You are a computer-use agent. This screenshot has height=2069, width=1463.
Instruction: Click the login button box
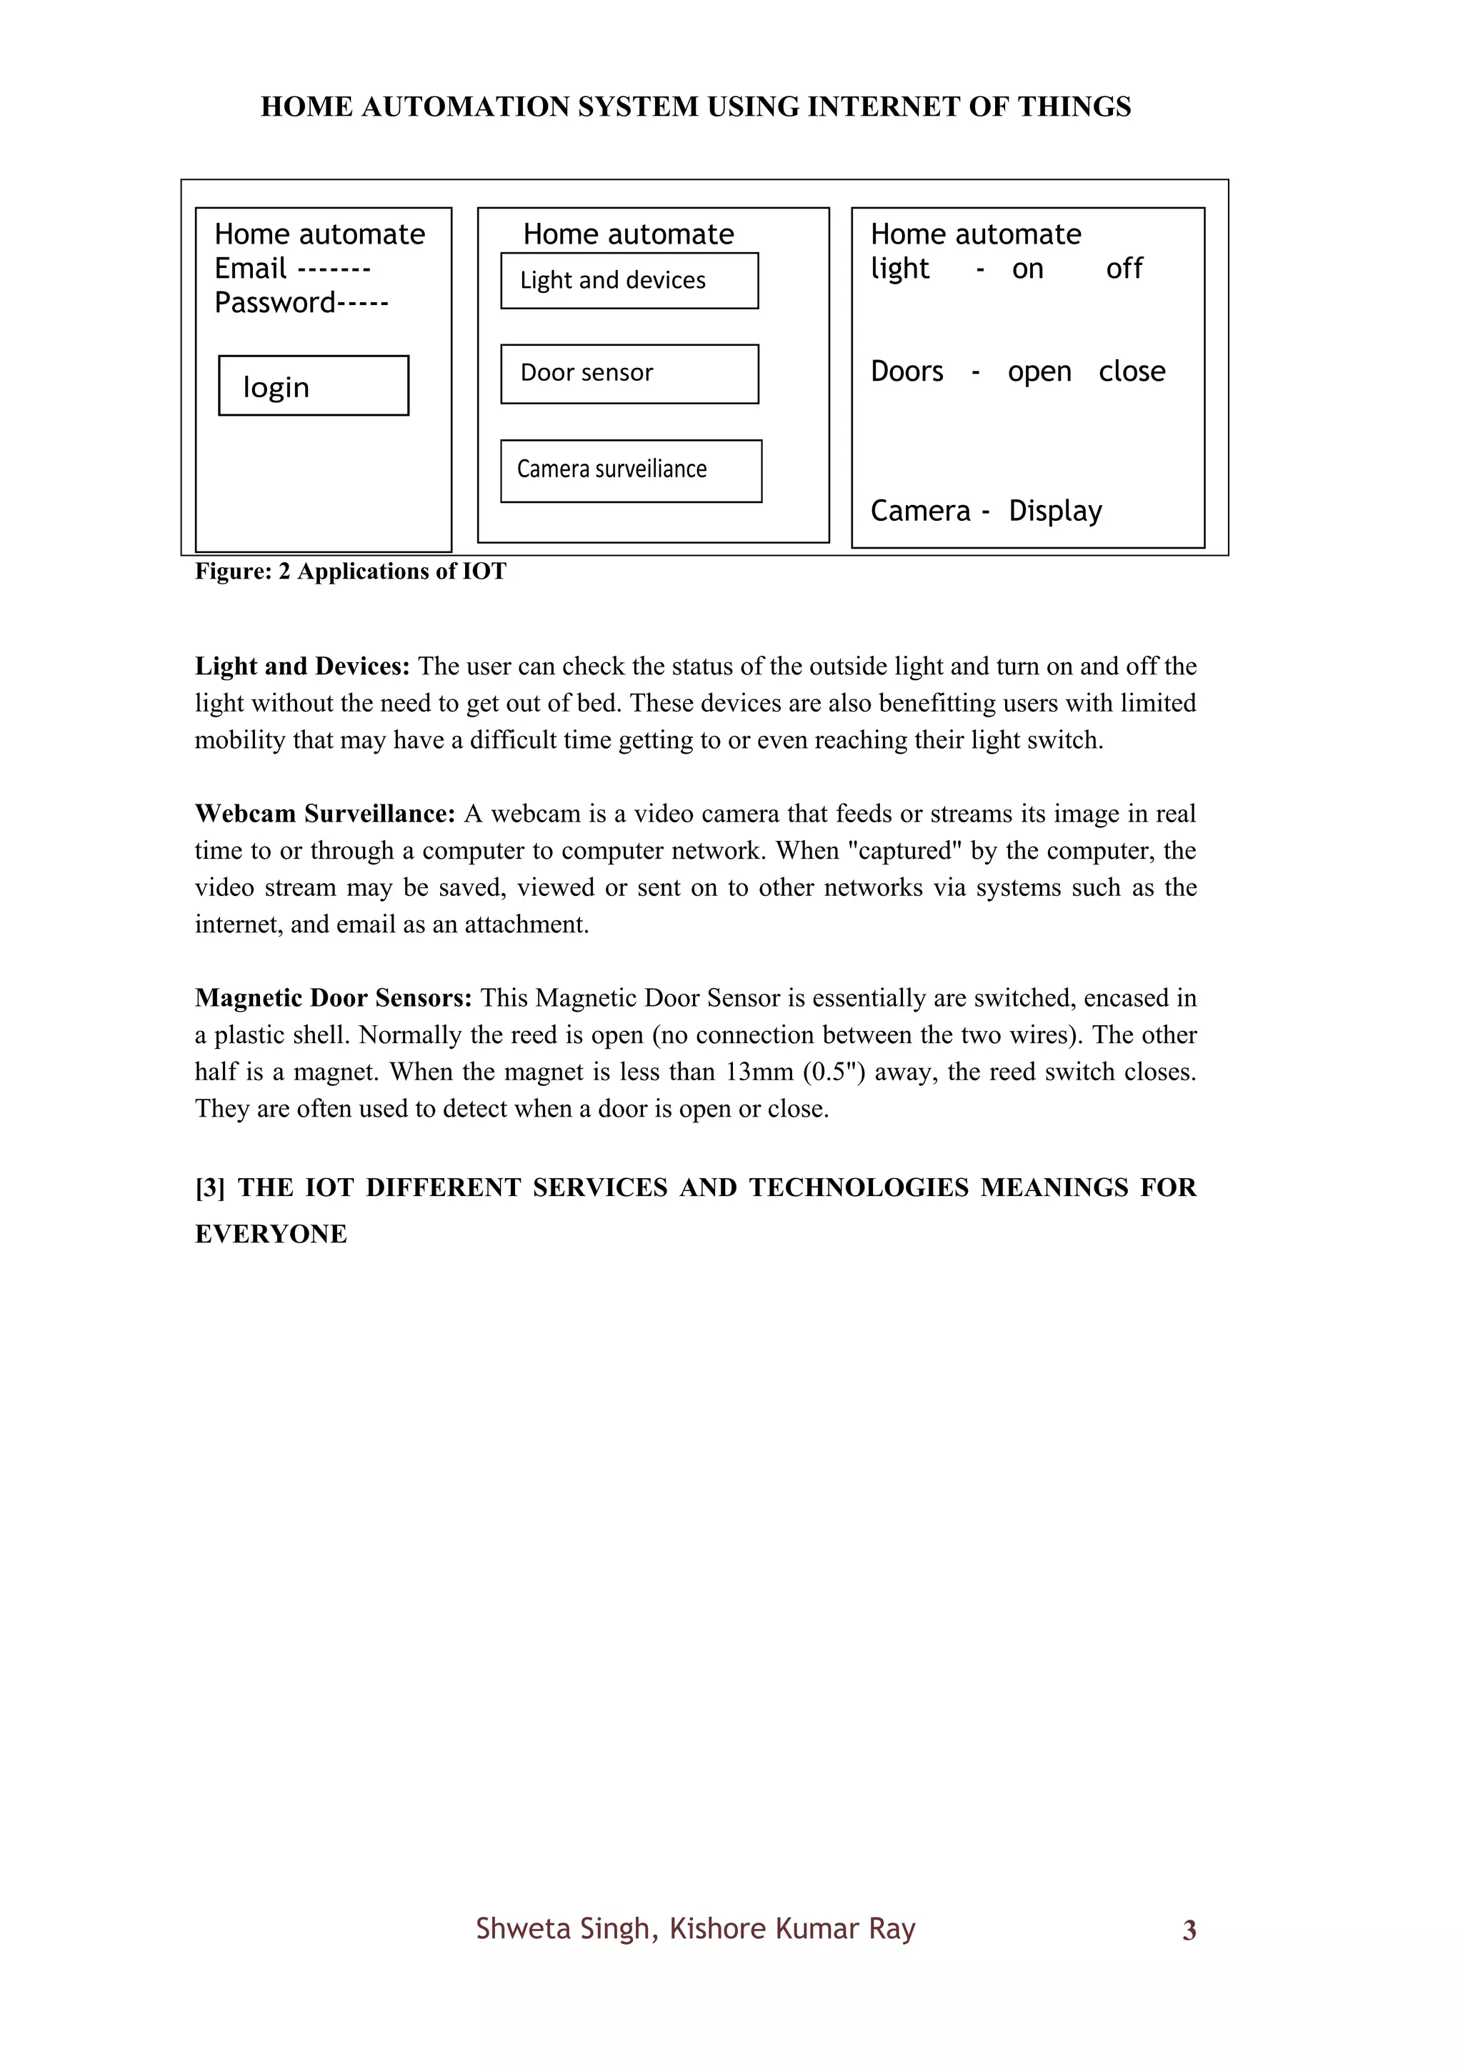(314, 386)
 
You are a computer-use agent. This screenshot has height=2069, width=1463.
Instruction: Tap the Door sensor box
(629, 373)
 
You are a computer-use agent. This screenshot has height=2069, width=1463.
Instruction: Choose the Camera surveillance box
(631, 470)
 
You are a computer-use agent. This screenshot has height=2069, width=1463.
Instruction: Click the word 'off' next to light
(1124, 269)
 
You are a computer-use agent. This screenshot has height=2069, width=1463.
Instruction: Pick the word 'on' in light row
(1027, 269)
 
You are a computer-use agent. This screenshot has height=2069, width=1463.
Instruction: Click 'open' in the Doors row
(1039, 372)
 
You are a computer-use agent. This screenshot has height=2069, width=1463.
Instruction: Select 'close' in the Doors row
(1132, 372)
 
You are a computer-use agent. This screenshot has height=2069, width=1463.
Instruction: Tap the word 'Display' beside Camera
(1055, 511)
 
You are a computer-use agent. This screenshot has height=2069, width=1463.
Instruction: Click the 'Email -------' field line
(292, 269)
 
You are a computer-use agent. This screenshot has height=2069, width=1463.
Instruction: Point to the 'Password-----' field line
(301, 303)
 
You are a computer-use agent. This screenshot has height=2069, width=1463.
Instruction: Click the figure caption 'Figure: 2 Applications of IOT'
(351, 572)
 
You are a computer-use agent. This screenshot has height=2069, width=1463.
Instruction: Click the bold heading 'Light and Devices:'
(301, 666)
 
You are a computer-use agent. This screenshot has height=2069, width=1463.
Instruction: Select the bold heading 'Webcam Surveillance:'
(325, 814)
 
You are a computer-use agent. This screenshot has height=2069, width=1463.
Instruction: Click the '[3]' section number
(210, 1187)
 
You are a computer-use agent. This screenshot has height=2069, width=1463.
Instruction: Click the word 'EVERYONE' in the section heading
(271, 1234)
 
